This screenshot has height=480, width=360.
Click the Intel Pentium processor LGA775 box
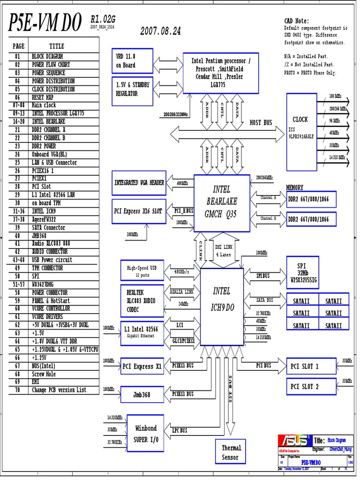pos(220,73)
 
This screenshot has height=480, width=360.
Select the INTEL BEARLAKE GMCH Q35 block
pos(222,202)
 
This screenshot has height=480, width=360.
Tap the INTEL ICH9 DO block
pos(222,302)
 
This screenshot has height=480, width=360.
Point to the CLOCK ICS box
pos(301,127)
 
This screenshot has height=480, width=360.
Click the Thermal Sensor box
pos(230,452)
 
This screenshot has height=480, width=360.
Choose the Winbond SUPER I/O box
pos(145,433)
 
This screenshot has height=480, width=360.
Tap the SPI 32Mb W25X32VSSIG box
pos(303,272)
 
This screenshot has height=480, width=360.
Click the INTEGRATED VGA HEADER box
pos(139,182)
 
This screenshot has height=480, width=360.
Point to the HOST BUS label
pos(261,122)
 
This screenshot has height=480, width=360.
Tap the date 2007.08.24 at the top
pos(160,31)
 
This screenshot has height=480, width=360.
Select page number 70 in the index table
pos(17,390)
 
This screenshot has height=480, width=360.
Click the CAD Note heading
pos(296,21)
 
